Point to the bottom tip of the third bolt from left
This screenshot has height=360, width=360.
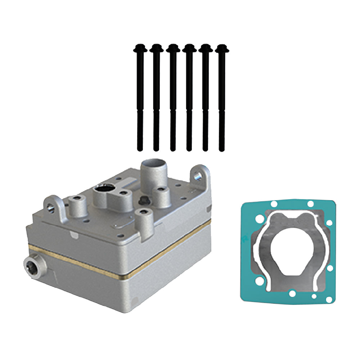pyautogui.click(x=173, y=148)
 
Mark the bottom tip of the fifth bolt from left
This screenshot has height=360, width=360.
pyautogui.click(x=205, y=148)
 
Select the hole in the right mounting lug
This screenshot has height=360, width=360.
pyautogui.click(x=198, y=176)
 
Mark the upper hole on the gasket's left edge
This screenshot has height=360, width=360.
pyautogui.click(x=257, y=219)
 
